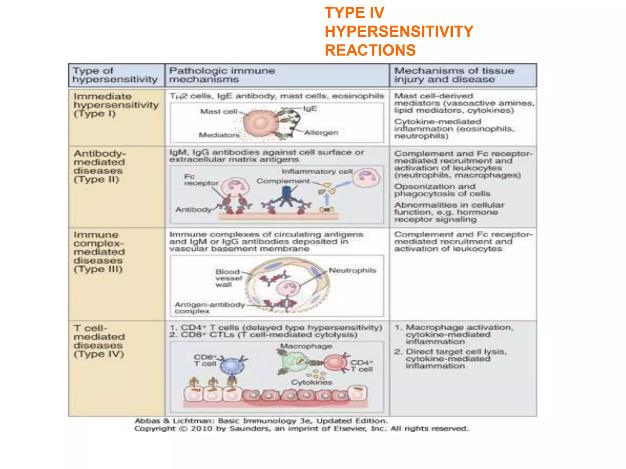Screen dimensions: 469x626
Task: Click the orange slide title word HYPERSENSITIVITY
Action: click(x=399, y=31)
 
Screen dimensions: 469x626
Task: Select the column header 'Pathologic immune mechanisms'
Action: click(x=222, y=75)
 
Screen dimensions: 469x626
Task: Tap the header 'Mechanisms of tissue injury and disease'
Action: click(x=454, y=75)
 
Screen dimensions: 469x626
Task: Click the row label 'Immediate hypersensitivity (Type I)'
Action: click(x=116, y=105)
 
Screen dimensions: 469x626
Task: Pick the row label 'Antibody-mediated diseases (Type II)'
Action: click(x=100, y=166)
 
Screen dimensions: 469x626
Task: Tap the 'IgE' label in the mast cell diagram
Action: click(x=310, y=109)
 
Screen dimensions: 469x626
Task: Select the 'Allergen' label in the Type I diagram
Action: click(x=321, y=133)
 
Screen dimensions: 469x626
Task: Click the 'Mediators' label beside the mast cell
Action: click(x=219, y=135)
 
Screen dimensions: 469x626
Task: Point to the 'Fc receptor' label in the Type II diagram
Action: click(x=201, y=180)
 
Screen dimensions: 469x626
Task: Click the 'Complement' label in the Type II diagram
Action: click(x=283, y=181)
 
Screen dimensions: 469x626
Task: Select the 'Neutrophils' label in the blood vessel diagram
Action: click(x=352, y=271)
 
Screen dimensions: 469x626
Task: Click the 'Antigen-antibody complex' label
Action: click(x=209, y=308)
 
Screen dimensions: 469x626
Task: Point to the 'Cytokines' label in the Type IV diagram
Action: click(x=311, y=382)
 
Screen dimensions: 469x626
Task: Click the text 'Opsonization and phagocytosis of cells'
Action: click(x=442, y=190)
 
